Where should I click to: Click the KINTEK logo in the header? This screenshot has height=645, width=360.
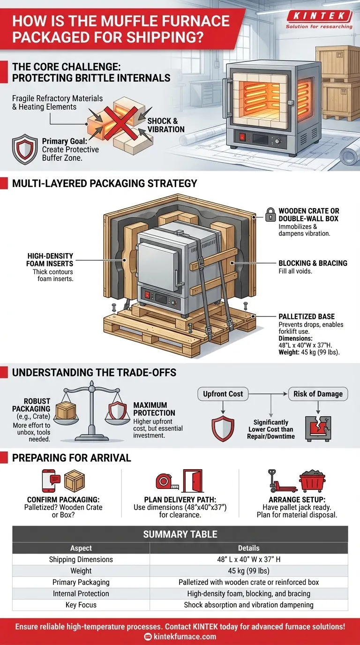319,16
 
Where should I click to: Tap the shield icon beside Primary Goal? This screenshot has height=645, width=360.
24,149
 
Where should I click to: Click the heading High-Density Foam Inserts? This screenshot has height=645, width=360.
50,260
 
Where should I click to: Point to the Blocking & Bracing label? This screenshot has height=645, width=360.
313,263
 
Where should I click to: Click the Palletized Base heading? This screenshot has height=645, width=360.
307,317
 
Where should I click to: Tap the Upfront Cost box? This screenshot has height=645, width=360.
223,394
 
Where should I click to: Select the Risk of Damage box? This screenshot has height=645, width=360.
318,394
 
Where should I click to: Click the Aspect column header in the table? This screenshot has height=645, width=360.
81,548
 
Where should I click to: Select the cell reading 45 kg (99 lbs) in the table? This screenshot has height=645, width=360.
248,571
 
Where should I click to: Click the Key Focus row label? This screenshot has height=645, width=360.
81,605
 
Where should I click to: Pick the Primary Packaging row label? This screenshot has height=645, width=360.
81,582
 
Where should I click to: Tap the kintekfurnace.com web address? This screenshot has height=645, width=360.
185,636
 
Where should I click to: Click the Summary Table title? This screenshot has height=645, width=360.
180,534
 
